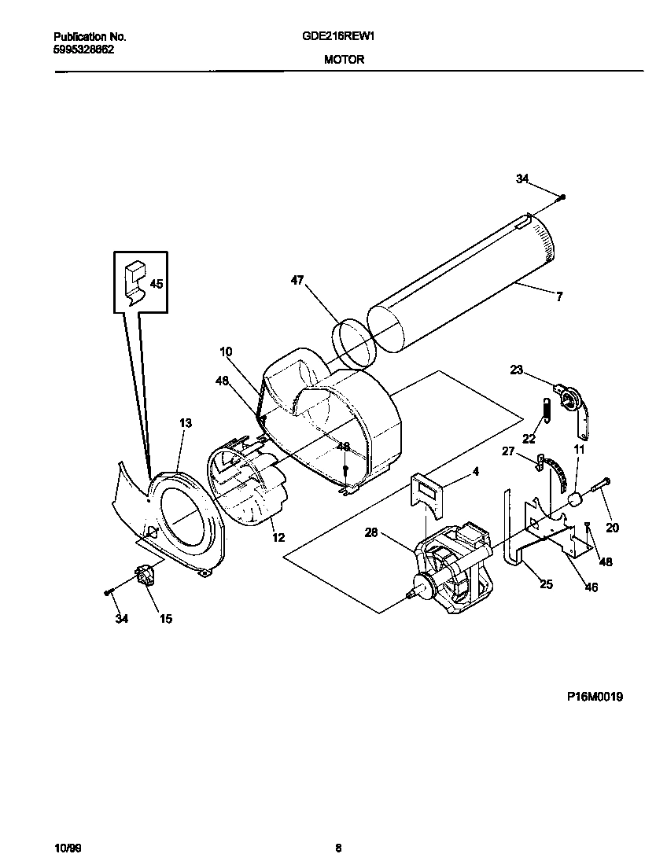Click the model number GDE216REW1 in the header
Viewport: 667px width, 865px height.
[x=344, y=37]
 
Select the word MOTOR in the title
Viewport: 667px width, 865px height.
[x=344, y=60]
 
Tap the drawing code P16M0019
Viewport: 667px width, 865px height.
[x=595, y=696]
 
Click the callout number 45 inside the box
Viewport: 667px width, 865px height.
[x=157, y=284]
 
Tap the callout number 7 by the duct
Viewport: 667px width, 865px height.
[x=559, y=296]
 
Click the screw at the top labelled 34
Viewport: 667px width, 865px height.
[x=563, y=197]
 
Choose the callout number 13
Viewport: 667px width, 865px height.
[x=185, y=423]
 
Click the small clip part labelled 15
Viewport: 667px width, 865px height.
[x=144, y=578]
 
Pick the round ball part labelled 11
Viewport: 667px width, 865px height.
[x=573, y=499]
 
